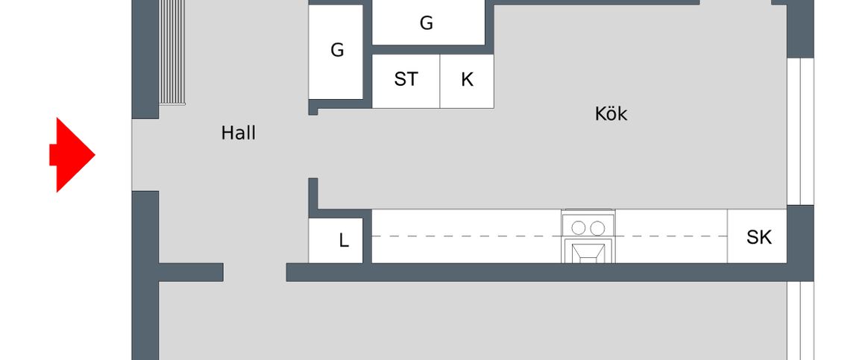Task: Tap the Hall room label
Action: click(x=239, y=133)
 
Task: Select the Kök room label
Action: click(x=611, y=114)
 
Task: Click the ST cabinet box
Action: click(x=406, y=80)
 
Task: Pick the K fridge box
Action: click(x=467, y=80)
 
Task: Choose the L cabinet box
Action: click(x=336, y=240)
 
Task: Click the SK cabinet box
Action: click(x=757, y=236)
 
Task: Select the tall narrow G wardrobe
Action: click(x=336, y=51)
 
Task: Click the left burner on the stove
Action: click(x=579, y=228)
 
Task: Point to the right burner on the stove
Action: click(x=597, y=228)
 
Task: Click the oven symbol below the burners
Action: click(x=588, y=252)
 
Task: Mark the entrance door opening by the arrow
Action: click(x=133, y=154)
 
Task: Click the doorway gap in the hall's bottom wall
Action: click(x=254, y=272)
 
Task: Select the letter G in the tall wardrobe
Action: click(x=337, y=51)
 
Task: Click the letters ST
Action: click(x=406, y=79)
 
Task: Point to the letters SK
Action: click(x=759, y=238)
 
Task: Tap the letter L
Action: click(x=344, y=241)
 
